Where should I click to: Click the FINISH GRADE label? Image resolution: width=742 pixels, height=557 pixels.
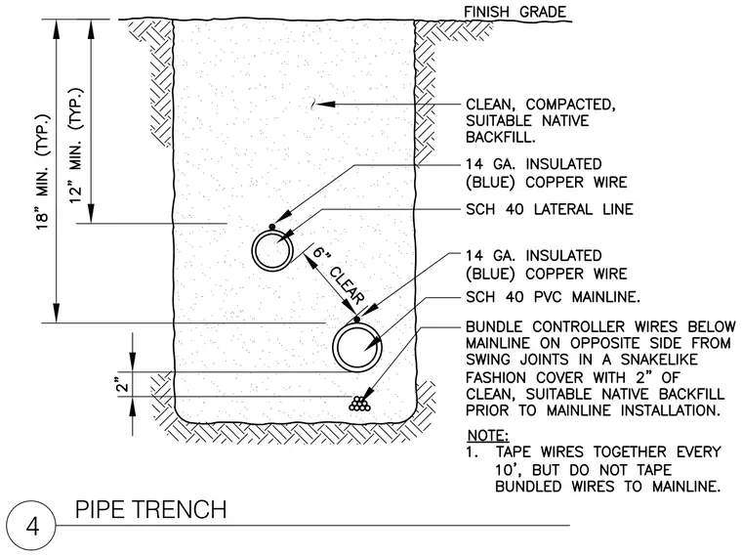515,12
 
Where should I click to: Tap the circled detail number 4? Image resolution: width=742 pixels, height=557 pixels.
32,526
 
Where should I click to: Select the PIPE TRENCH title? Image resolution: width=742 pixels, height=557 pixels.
151,509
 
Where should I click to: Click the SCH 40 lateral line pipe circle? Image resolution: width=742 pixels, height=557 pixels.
252,250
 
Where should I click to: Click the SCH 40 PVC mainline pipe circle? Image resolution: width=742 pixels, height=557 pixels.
333,348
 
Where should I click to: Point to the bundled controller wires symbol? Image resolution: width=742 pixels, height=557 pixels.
359,404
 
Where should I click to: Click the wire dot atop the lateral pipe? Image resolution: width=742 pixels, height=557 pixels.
272,227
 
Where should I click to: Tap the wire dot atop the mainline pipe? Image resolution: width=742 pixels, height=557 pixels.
357,320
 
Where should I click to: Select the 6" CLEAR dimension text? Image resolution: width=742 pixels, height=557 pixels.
339,276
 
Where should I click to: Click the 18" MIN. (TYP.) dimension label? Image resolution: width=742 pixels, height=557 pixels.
43,172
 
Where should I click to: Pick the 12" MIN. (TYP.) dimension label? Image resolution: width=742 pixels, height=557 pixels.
76,147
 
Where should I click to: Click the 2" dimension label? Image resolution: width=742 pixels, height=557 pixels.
123,384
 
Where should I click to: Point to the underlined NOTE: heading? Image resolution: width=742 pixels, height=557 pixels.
488,435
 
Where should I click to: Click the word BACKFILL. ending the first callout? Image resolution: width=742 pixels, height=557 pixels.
500,138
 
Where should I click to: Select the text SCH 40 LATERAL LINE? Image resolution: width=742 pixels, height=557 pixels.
550,209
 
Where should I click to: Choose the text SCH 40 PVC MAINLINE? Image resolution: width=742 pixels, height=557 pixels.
553,297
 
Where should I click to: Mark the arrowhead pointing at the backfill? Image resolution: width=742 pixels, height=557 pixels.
325,105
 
